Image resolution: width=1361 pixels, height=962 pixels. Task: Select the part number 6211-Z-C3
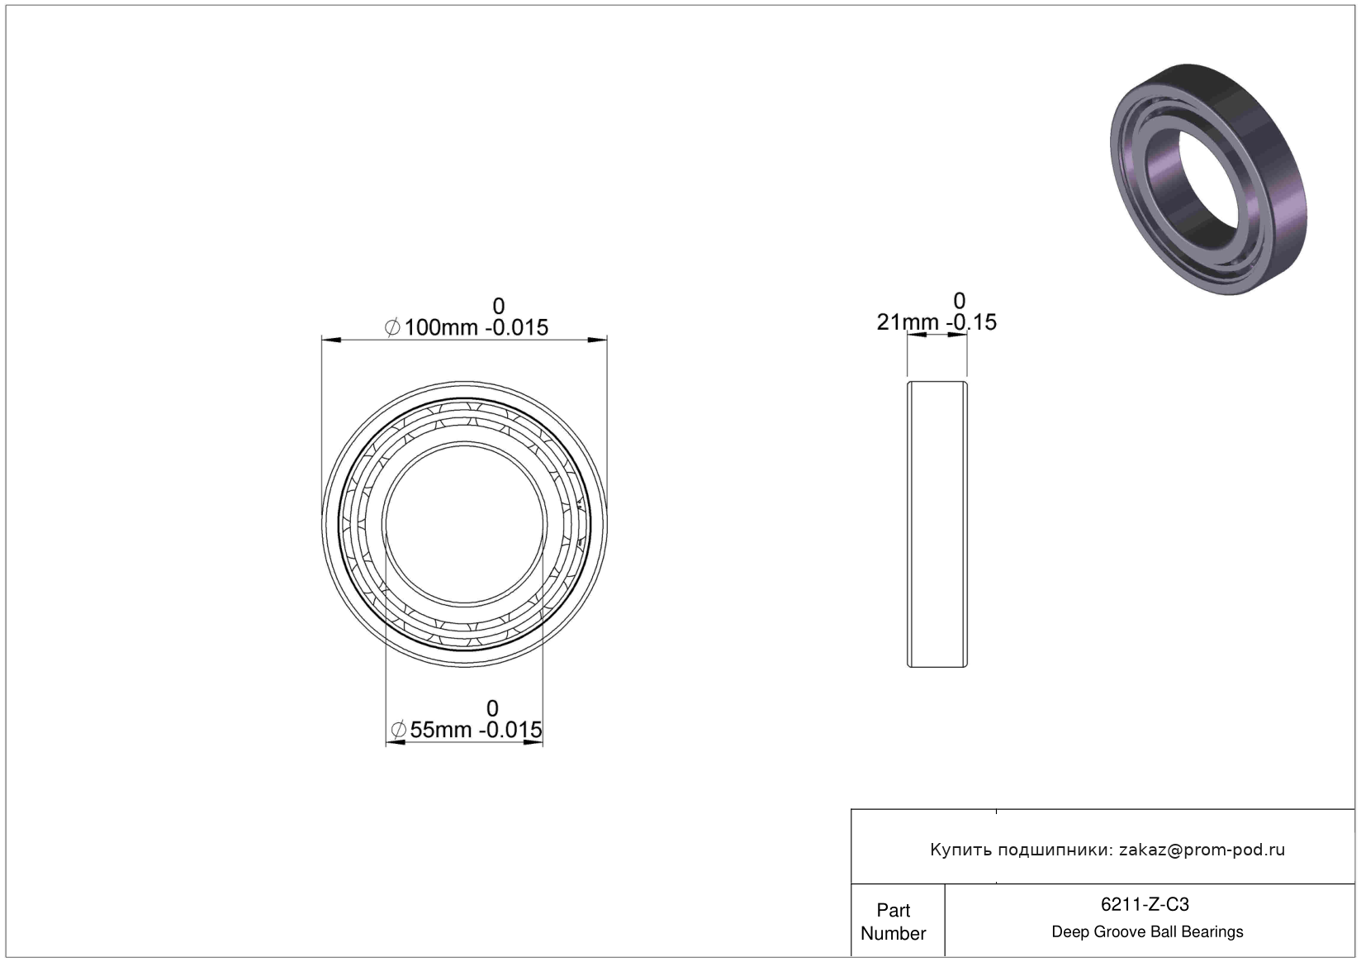point(1145,904)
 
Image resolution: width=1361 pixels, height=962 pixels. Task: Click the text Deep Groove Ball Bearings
point(1147,931)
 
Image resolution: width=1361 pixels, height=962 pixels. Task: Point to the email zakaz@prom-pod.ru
point(1202,850)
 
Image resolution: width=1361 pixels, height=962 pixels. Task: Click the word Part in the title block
point(894,910)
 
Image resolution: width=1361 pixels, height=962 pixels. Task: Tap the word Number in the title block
point(894,933)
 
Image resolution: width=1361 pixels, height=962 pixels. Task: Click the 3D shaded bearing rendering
point(1208,179)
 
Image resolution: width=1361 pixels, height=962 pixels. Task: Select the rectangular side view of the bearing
point(937,524)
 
